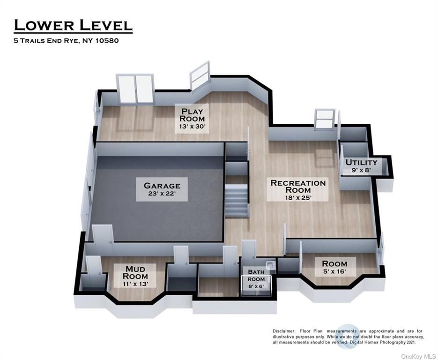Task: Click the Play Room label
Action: [192, 119]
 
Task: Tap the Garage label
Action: [162, 189]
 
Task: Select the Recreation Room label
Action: [298, 190]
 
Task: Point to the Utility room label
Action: [361, 166]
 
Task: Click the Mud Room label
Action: [135, 276]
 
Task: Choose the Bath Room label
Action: [256, 278]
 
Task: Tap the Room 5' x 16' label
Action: [335, 267]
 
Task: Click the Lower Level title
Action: [73, 25]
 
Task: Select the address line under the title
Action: [66, 41]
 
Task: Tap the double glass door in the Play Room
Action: [135, 89]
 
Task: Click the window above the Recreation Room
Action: [325, 120]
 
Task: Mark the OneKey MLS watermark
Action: [418, 356]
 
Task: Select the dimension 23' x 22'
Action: [162, 194]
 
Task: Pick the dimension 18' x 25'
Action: [298, 198]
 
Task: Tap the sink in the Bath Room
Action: [270, 265]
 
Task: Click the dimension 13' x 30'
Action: [192, 127]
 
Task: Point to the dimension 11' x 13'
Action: [135, 284]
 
